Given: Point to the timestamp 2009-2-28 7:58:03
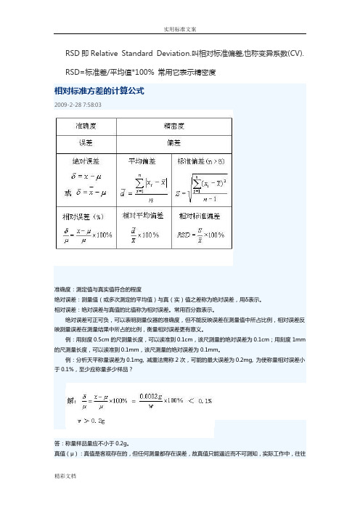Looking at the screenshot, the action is pyautogui.click(x=78, y=105).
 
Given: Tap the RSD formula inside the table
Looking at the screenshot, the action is pyautogui.click(x=200, y=236).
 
